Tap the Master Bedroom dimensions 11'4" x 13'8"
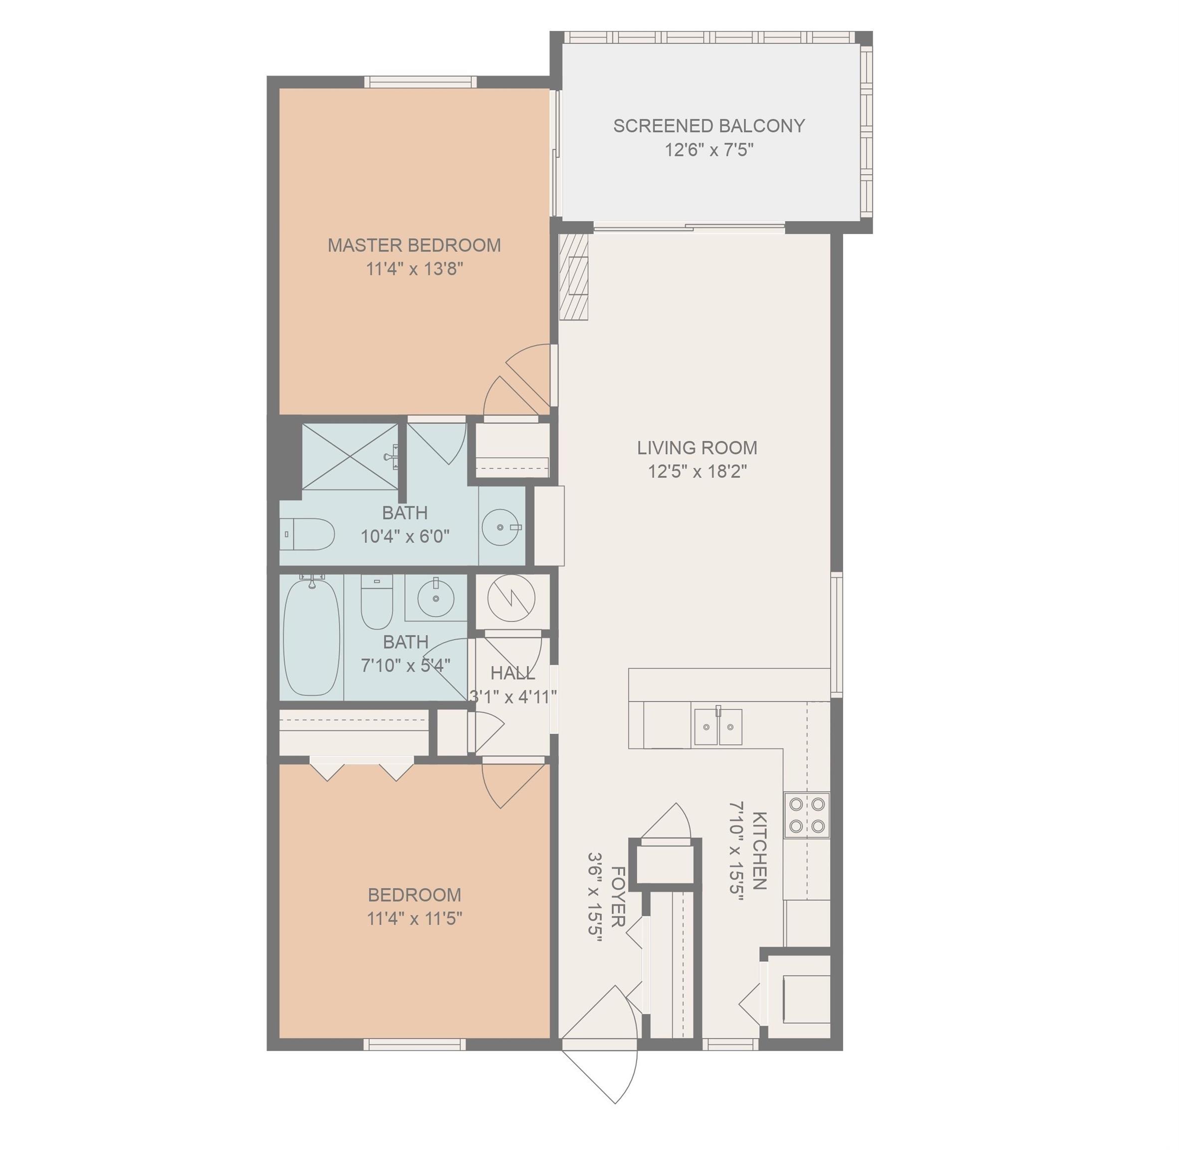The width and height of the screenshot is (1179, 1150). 414,269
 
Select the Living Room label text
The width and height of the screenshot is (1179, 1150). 697,448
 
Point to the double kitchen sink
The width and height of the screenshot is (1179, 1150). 718,727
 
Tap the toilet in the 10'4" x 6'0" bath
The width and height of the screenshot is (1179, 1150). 308,534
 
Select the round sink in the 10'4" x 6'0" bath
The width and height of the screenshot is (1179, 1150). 500,527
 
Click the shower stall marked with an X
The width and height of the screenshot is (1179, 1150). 350,457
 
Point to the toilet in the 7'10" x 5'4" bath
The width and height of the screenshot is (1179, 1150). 377,601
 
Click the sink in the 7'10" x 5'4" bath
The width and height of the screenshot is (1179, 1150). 436,598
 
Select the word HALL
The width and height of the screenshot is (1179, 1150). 512,673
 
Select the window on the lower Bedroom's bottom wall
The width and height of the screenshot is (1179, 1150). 414,1044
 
